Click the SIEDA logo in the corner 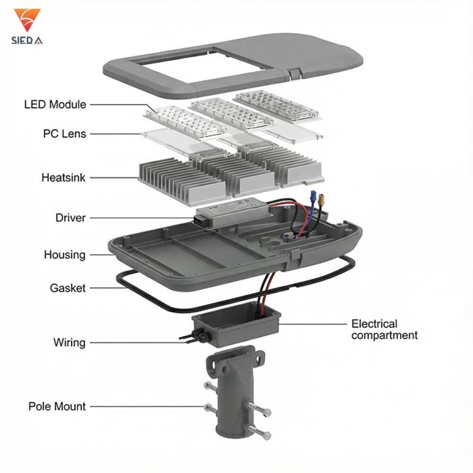26,26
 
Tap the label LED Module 55,104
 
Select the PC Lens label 64,134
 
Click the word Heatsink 63,178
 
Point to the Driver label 70,218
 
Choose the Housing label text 65,254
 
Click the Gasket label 68,288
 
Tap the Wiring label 69,342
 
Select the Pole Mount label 57,406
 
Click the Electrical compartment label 384,330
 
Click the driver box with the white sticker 231,211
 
